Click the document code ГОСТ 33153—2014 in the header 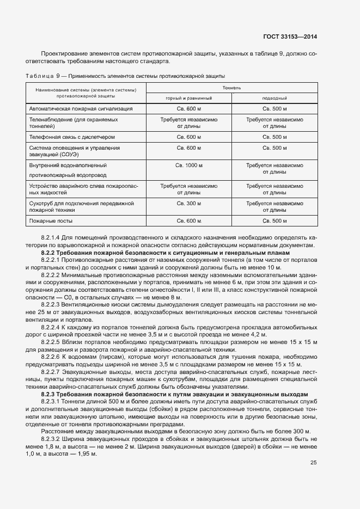(x=289, y=36)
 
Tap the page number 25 (x=313, y=463)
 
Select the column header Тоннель (x=232, y=88)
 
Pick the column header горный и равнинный (x=189, y=98)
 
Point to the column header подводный (x=274, y=98)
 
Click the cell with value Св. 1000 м (x=189, y=165)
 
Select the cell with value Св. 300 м (x=189, y=203)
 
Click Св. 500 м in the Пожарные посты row (x=274, y=221)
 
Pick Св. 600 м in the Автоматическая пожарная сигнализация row (x=189, y=109)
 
